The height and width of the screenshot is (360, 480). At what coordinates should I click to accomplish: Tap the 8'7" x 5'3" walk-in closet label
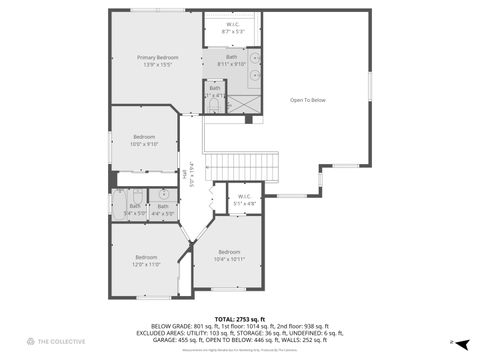pos(232,28)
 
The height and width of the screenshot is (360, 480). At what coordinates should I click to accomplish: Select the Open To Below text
pos(307,100)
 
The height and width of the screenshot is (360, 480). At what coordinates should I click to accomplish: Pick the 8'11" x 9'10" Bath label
pos(231,61)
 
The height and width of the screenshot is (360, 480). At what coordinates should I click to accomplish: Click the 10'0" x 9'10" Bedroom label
pos(145,140)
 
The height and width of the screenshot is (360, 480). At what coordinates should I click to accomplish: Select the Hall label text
pos(186,174)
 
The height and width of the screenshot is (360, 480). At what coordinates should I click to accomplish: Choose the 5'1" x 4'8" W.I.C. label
pos(244,200)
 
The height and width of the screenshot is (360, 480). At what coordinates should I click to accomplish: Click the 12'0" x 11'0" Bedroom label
pos(147,261)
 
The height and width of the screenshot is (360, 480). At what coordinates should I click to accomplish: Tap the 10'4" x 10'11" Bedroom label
pos(229,256)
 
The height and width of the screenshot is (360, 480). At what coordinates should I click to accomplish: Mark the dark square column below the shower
pos(249,119)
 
